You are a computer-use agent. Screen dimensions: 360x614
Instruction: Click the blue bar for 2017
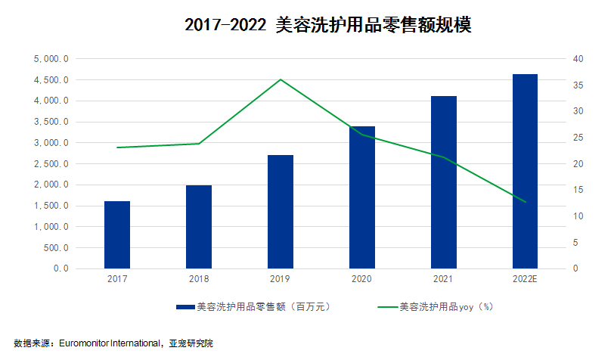[x=117, y=234]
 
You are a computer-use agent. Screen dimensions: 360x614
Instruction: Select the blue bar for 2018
[x=199, y=227]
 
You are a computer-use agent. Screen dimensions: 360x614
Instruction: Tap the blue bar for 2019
[x=281, y=212]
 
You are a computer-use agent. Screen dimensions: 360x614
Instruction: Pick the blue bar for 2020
[x=361, y=197]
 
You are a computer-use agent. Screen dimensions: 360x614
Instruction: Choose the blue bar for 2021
[x=443, y=182]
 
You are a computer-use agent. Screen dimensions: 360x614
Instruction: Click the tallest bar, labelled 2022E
[x=525, y=171]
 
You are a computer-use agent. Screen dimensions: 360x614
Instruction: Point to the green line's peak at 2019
[x=281, y=79]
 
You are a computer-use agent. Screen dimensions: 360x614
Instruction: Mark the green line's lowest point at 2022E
[x=525, y=202]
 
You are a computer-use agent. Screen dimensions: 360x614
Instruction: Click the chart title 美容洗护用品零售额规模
[x=328, y=25]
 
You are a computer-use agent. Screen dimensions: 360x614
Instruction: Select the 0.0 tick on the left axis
[x=60, y=268]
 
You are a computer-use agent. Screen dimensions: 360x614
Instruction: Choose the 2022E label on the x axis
[x=525, y=280]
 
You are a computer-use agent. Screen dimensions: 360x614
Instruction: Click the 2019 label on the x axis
[x=281, y=280]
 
